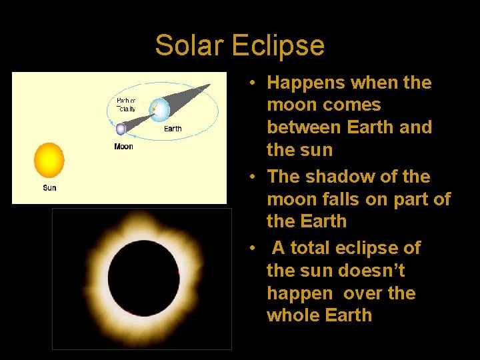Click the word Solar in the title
pyautogui.click(x=190, y=45)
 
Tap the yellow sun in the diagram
pyautogui.click(x=49, y=160)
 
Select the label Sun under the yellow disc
pyautogui.click(x=49, y=188)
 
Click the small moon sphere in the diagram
pyautogui.click(x=121, y=129)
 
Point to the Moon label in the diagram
pyautogui.click(x=123, y=147)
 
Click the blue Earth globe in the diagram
pyautogui.click(x=160, y=109)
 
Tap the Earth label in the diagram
pyautogui.click(x=173, y=129)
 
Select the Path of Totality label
pyautogui.click(x=126, y=104)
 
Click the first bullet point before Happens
pyautogui.click(x=254, y=83)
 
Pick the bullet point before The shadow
pyautogui.click(x=254, y=177)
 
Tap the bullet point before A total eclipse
pyautogui.click(x=254, y=249)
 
